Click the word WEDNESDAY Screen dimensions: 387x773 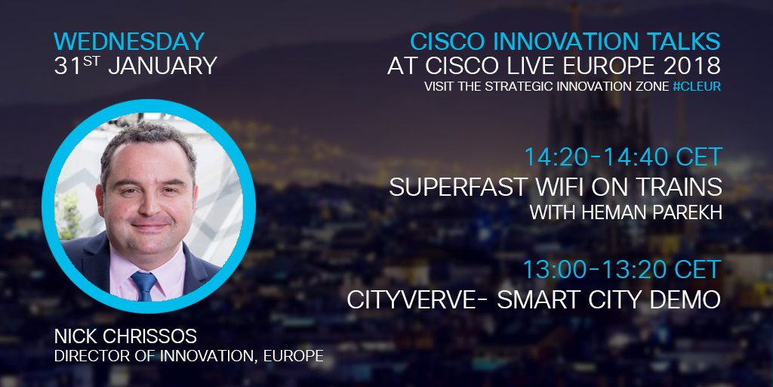point(130,41)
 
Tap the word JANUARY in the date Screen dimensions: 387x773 point(162,66)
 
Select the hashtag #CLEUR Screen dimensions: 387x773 point(696,87)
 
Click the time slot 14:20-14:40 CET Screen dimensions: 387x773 point(624,157)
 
